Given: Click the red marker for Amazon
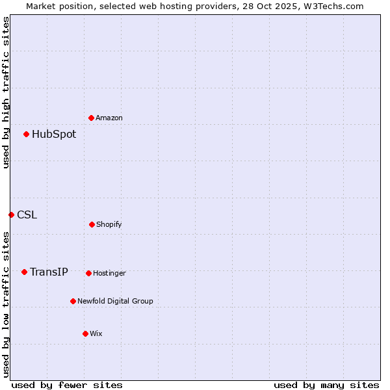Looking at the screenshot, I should tap(91, 118).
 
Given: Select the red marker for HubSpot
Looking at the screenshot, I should tap(26, 134).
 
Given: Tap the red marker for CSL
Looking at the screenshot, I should tap(11, 214).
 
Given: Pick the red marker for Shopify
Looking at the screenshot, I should tap(92, 224).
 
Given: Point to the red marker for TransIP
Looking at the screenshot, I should tap(24, 272).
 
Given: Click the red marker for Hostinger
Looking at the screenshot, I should tap(88, 273).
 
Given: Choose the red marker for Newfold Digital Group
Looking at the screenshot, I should tap(73, 301).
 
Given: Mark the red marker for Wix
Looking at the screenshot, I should tap(85, 333).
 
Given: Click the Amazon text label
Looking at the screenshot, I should tap(109, 118).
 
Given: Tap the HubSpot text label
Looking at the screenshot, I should tap(54, 135).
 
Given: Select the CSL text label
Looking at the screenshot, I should tap(27, 215).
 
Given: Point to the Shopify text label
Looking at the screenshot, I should tap(109, 225).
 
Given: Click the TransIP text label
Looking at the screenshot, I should tap(49, 272).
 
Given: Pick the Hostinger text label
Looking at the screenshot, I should tap(109, 274).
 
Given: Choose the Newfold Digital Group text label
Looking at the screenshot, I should tap(115, 302).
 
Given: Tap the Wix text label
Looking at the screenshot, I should tap(96, 334).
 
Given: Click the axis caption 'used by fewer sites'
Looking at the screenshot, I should tap(67, 385).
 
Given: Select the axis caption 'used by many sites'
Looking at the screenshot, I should tap(326, 385).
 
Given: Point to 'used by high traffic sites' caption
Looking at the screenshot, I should tap(6, 92).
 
